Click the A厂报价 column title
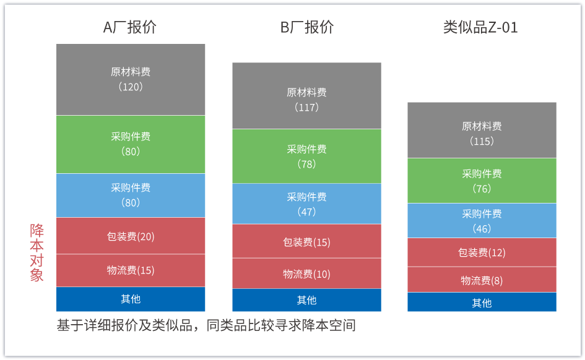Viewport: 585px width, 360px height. point(130,27)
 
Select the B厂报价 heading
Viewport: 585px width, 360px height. point(306,27)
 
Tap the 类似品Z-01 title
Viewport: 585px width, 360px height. point(480,27)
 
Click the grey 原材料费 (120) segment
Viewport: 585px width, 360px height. point(131,80)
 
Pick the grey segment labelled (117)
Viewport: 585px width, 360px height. point(306,96)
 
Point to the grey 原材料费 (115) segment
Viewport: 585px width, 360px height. point(482,130)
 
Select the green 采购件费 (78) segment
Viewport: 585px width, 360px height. point(306,156)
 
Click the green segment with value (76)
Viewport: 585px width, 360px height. point(482,181)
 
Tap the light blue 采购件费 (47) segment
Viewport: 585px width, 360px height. point(306,204)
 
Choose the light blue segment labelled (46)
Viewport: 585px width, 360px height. point(482,221)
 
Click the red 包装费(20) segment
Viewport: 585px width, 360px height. point(131,236)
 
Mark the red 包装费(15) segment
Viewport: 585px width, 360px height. point(306,241)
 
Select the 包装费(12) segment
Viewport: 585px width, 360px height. point(482,252)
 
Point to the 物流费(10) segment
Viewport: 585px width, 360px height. point(306,273)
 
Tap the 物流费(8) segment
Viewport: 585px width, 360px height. point(482,280)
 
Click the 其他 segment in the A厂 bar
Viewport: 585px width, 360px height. point(131,299)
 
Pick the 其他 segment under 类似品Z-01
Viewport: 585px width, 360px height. point(482,302)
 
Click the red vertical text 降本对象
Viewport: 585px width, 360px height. point(37,252)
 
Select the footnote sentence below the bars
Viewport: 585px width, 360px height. point(206,325)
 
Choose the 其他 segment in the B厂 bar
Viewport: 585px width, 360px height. point(306,300)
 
